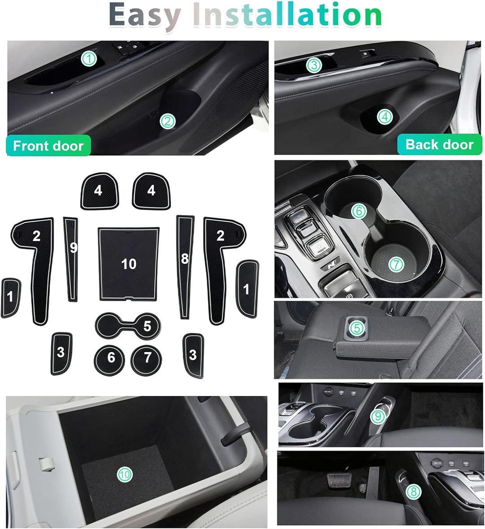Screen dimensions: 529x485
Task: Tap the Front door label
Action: [x=48, y=146]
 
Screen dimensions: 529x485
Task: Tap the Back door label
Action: [x=439, y=144]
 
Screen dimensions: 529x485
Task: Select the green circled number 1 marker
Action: [x=89, y=58]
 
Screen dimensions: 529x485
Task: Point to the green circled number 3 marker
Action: [x=314, y=65]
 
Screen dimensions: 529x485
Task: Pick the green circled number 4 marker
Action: [x=384, y=117]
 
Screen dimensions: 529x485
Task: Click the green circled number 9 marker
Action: [x=378, y=416]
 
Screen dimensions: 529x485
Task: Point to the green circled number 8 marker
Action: [x=413, y=491]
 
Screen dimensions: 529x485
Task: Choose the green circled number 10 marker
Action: [x=124, y=473]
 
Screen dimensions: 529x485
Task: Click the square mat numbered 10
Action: [x=129, y=263]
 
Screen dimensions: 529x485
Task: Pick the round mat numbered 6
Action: [x=110, y=358]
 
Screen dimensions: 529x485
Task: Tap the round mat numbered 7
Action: [x=147, y=358]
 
